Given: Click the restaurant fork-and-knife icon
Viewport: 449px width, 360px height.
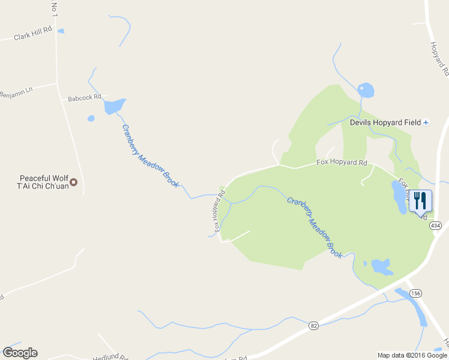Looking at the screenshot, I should (420, 200).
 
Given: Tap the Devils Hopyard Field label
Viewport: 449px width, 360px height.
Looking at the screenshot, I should (385, 122).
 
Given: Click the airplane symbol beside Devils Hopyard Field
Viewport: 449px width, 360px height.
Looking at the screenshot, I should (426, 122).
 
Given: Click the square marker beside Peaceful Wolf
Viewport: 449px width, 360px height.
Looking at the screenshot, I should (74, 182).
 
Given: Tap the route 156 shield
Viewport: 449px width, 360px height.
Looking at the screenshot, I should (415, 293).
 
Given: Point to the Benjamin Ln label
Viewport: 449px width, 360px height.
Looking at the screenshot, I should (16, 94).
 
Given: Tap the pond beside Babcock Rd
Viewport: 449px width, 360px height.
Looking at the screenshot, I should (113, 106).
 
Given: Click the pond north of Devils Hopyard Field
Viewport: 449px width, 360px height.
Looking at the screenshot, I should (365, 91).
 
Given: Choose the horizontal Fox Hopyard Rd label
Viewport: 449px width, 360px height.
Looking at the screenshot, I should (342, 163).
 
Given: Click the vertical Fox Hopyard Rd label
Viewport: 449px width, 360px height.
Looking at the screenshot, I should (220, 212).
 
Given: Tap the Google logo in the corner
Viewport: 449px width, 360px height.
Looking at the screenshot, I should (20, 353).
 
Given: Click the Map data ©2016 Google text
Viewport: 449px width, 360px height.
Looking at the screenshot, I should (412, 355).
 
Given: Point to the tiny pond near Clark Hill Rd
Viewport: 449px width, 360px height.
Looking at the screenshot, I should (61, 31).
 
